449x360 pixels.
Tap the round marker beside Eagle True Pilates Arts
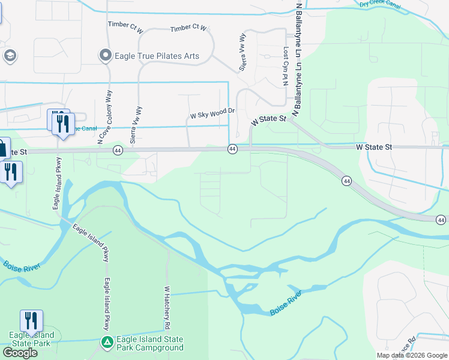106,56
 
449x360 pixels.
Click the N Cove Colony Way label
109,118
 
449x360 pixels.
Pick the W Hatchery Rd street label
166,308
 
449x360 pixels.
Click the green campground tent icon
106,343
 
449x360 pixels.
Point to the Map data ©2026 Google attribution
412,355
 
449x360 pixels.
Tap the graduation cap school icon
10,56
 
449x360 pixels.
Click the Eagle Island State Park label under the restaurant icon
31,339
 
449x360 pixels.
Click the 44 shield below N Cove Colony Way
118,152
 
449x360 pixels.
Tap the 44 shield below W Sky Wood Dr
232,148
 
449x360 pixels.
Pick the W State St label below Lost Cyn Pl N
268,120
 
